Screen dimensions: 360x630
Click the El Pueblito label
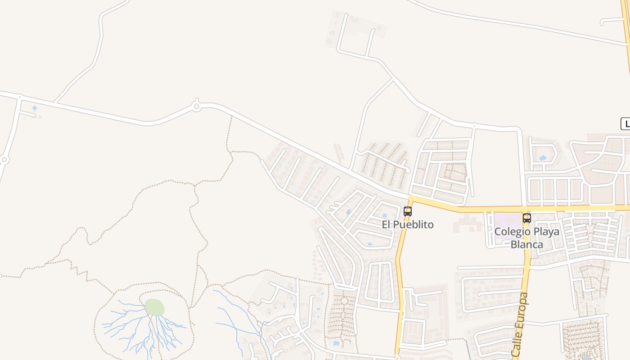point(408,224)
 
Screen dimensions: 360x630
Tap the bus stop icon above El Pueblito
point(408,211)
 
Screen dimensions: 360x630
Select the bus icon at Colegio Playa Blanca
point(526,218)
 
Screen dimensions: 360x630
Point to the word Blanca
point(527,244)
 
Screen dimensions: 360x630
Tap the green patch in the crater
point(154,307)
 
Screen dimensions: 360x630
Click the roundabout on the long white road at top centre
point(196,107)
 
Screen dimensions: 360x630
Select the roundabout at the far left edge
point(4,159)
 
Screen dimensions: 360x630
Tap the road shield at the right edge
point(625,124)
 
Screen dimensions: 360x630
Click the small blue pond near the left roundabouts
point(35,108)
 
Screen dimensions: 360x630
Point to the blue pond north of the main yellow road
point(542,158)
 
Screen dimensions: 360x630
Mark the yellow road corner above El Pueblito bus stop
point(411,198)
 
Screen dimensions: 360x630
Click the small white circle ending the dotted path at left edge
point(0,275)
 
